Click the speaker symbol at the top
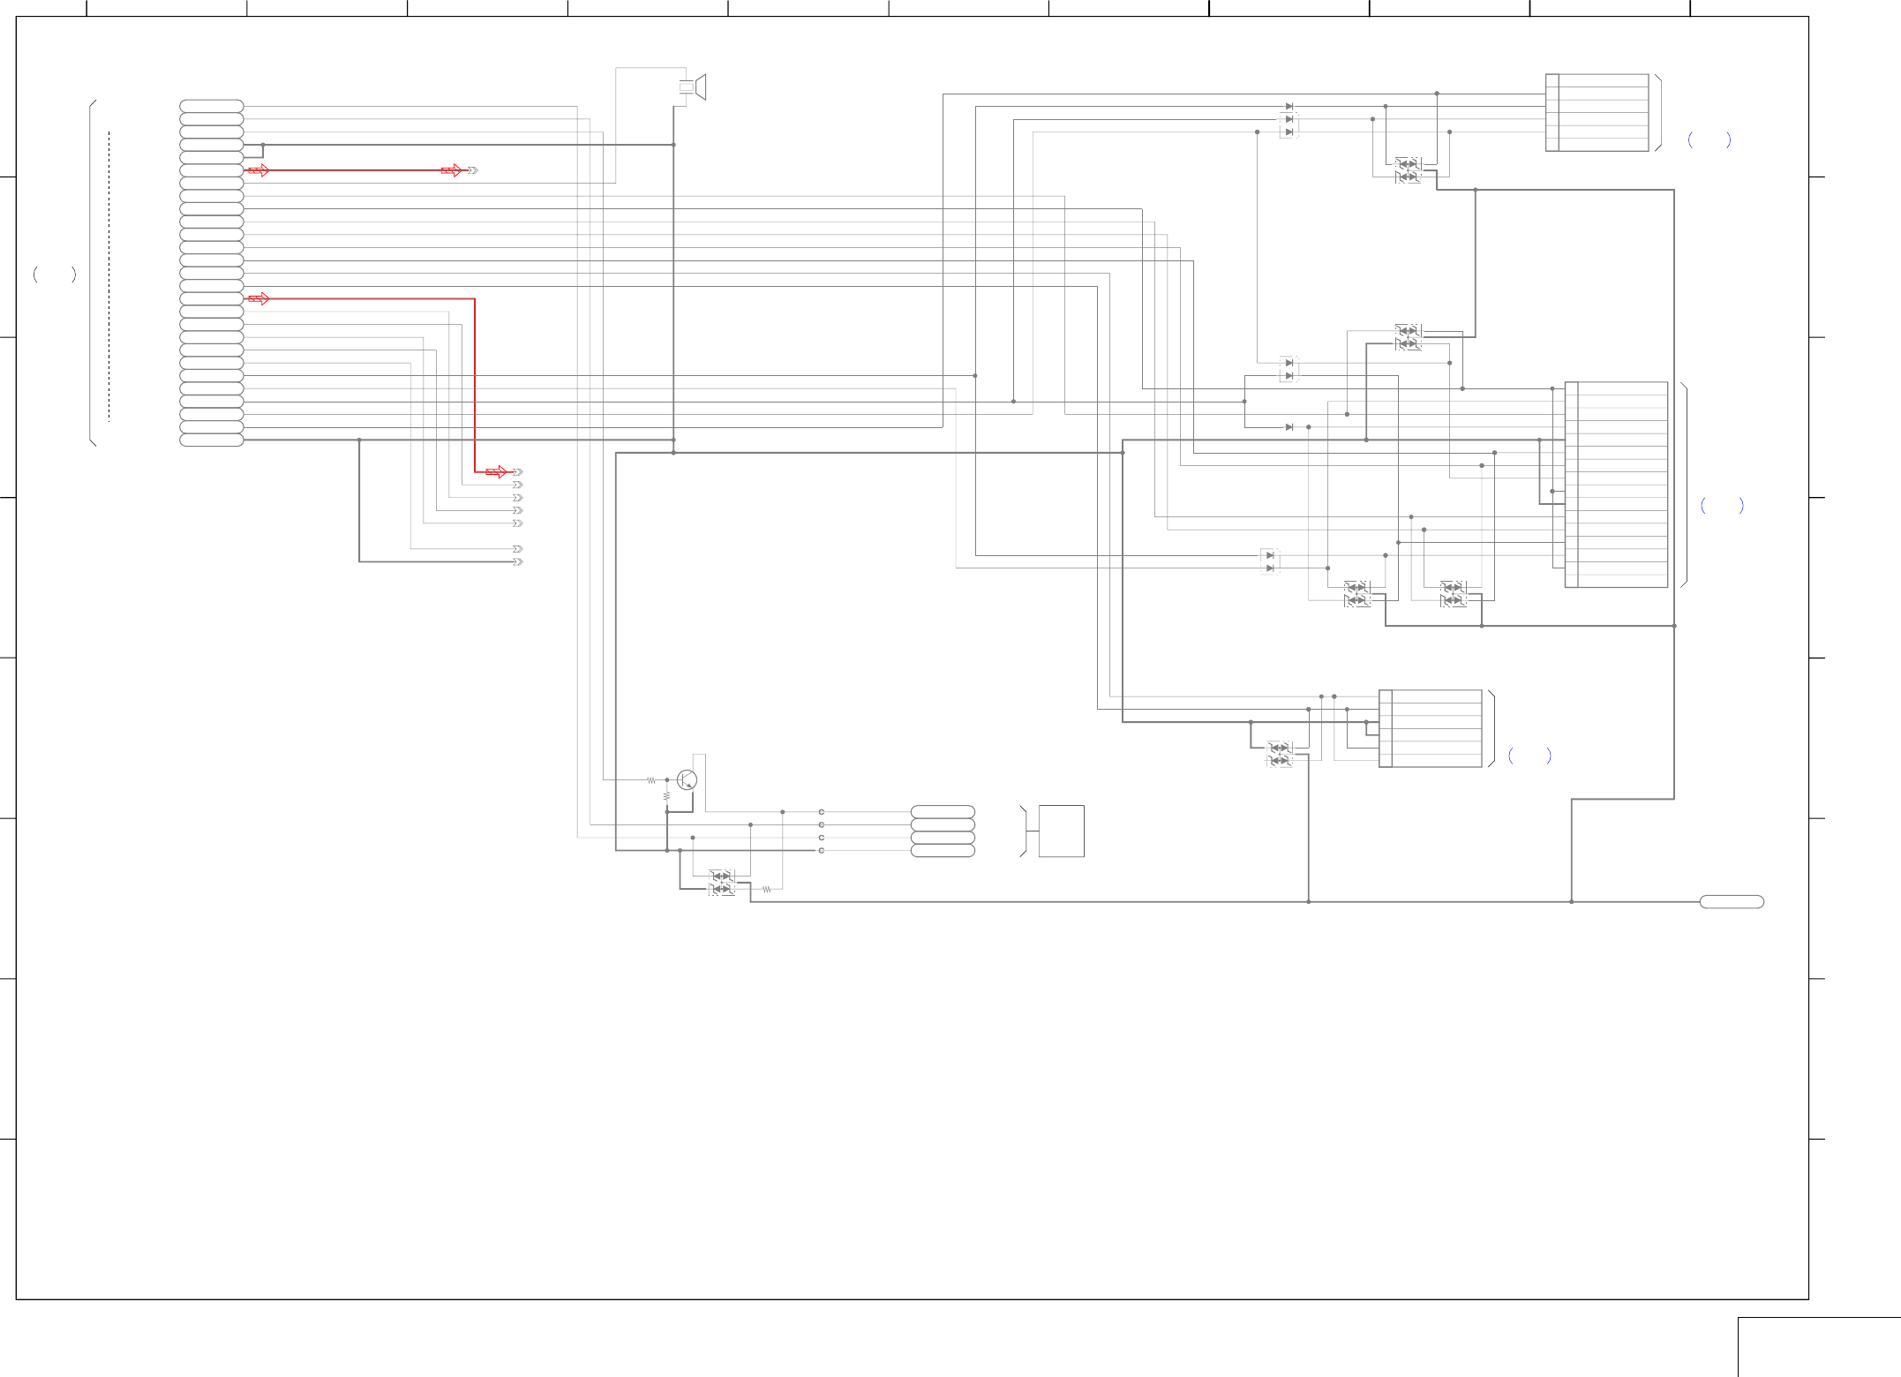[694, 87]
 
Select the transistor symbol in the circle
[687, 780]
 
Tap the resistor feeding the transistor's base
[651, 780]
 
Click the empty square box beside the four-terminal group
[1061, 831]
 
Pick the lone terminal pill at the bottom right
[1732, 902]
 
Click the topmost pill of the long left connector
[212, 106]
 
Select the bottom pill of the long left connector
[212, 440]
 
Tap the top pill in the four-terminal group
[943, 811]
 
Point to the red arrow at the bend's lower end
[497, 472]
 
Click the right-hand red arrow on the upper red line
[452, 170]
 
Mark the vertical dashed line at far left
[109, 276]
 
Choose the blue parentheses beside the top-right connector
[1709, 139]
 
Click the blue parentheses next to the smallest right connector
[1530, 756]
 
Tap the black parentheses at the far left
[55, 275]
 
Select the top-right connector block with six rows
[1597, 113]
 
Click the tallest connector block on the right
[1617, 485]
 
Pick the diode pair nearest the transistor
[722, 883]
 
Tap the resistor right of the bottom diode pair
[767, 890]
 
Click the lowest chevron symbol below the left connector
[518, 561]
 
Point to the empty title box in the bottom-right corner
[1819, 1347]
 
